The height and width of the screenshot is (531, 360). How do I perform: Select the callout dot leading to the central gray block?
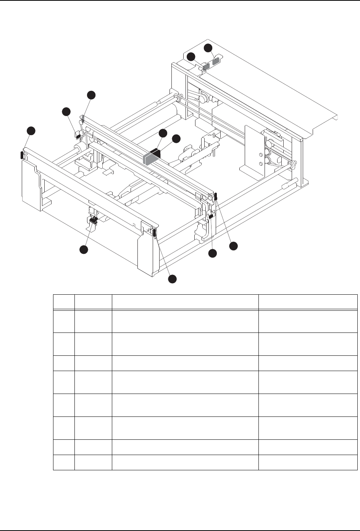pyautogui.click(x=163, y=133)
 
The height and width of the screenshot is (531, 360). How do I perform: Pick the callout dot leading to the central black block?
pyautogui.click(x=176, y=139)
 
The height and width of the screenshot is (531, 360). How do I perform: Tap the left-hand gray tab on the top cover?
pyautogui.click(x=206, y=66)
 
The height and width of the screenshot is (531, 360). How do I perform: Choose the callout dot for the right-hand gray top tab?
pyautogui.click(x=208, y=48)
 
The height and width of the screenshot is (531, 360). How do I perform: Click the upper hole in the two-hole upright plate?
pyautogui.click(x=260, y=155)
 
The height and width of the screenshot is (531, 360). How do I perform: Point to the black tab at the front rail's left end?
pyautogui.click(x=21, y=155)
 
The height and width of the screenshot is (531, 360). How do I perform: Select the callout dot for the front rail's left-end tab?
pyautogui.click(x=31, y=131)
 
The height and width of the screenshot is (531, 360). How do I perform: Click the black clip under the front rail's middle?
pyautogui.click(x=93, y=220)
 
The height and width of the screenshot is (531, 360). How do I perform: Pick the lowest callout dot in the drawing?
pyautogui.click(x=173, y=279)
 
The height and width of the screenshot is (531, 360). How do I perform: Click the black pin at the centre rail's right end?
pyautogui.click(x=216, y=197)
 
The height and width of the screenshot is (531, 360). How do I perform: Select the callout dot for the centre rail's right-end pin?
pyautogui.click(x=233, y=246)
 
